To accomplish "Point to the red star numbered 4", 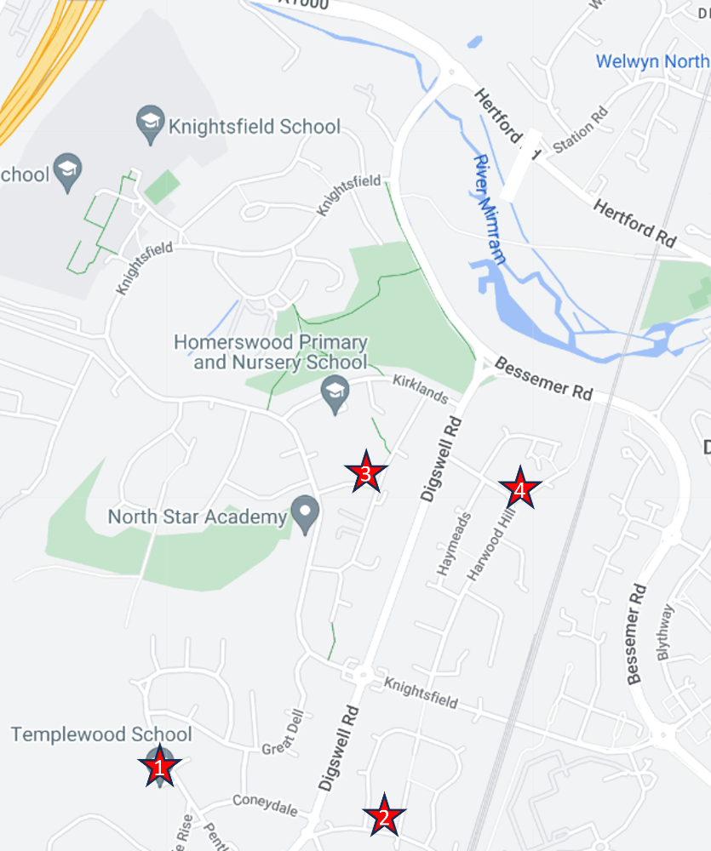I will (x=519, y=488).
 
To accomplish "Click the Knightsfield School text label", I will (x=255, y=127).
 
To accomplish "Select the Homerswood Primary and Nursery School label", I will (x=271, y=352).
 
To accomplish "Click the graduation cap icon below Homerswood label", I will (x=335, y=394).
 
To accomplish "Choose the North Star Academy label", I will (x=198, y=517).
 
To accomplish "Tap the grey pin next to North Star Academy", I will (x=305, y=513).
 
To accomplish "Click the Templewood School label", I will (x=101, y=734).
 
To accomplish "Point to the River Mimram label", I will (x=490, y=190).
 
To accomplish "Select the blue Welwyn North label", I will (x=651, y=61).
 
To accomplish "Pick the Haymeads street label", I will (x=454, y=545).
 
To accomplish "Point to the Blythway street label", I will (x=665, y=632).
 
